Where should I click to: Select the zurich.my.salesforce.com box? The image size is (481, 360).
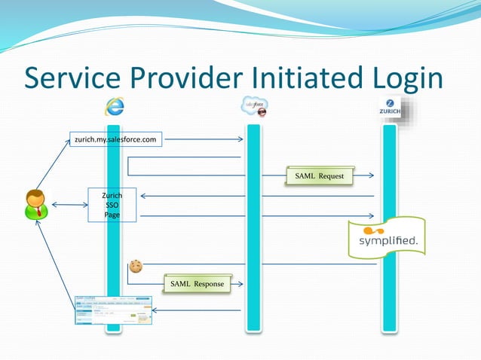click(x=115, y=139)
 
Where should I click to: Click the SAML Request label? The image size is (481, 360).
click(x=320, y=176)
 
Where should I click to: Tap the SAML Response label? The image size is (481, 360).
click(x=196, y=284)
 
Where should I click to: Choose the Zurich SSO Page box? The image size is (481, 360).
click(x=112, y=205)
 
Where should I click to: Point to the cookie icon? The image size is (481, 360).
click(x=136, y=266)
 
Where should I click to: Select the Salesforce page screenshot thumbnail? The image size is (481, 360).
click(x=112, y=310)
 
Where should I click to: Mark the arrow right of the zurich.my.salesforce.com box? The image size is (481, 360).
click(x=204, y=139)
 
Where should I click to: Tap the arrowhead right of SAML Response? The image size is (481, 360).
click(x=239, y=284)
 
